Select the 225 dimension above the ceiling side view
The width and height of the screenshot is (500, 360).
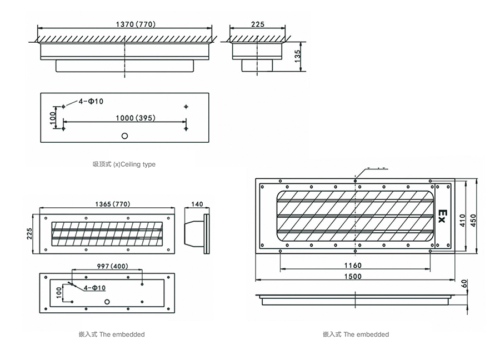coord(257,24)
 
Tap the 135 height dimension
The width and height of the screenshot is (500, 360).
coord(298,56)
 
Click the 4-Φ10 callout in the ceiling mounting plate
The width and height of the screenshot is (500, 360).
coord(91,101)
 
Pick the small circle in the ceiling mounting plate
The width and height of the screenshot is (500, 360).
coord(125,136)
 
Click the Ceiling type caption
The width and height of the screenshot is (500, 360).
coord(124,164)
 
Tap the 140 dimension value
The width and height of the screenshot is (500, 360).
coord(197,204)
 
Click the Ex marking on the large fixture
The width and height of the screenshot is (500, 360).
coord(442,216)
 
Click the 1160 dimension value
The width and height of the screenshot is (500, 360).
coord(353,265)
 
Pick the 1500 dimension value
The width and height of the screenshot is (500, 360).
coord(353,276)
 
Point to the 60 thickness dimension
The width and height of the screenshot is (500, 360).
coord(464,284)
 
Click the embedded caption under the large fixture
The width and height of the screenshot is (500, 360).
coord(356,334)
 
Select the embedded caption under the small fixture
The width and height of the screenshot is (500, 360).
coord(112,334)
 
